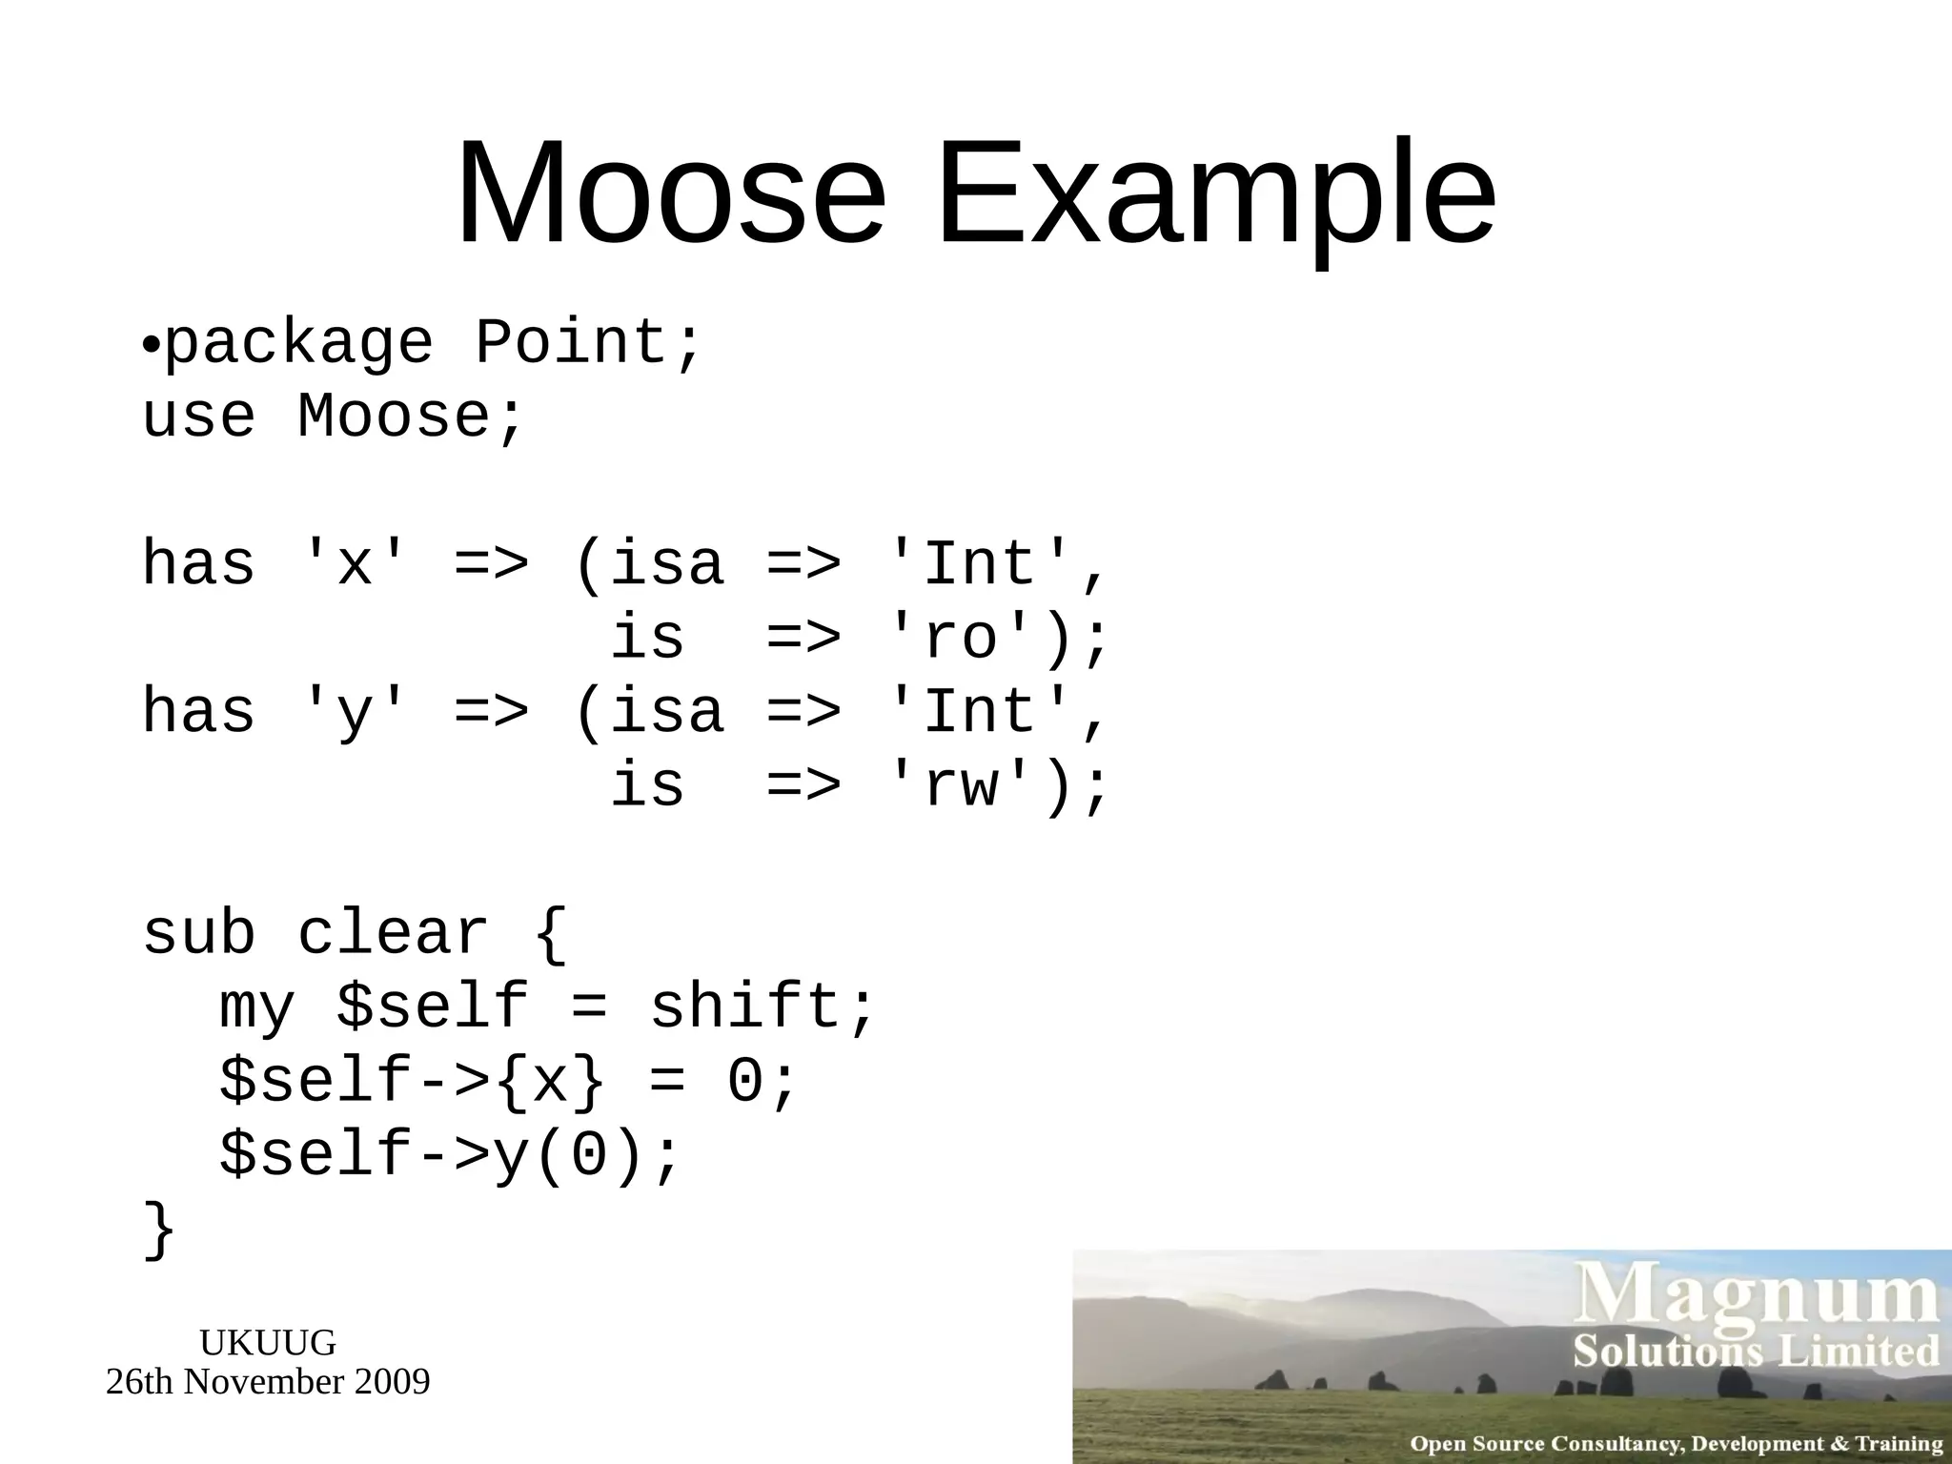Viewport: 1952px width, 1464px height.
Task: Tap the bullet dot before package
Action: pos(151,346)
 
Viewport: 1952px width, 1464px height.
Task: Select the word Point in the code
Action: pos(569,342)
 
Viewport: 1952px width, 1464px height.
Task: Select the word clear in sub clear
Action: pos(393,933)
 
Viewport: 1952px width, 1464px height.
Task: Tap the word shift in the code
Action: pos(743,1007)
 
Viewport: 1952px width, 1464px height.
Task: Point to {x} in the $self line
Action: pos(551,1082)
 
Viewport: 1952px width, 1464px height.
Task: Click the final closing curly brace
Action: pos(159,1230)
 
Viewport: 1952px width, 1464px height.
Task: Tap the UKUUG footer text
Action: pos(268,1343)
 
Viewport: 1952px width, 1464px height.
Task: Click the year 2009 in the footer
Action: pos(392,1382)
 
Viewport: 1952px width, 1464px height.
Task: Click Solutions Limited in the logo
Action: pos(1756,1352)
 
